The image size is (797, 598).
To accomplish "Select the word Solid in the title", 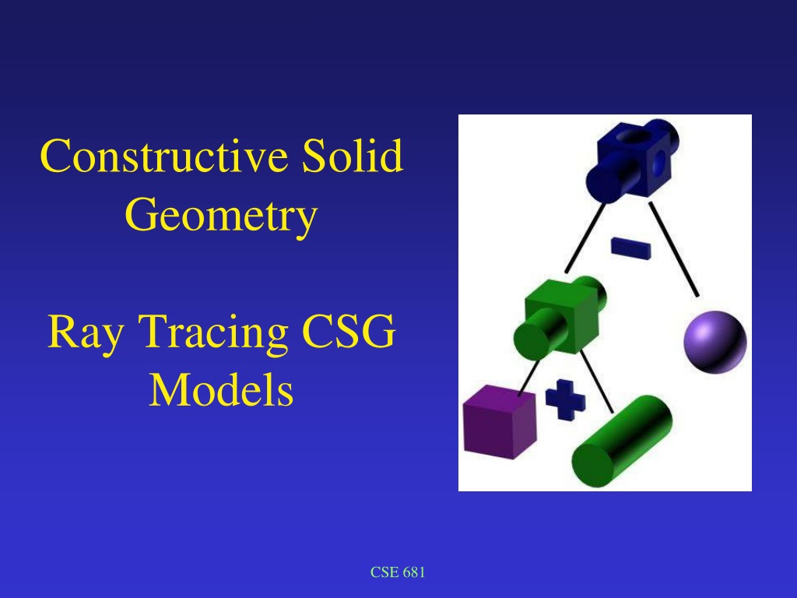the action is [353, 155].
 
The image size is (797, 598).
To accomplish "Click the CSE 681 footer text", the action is [398, 572].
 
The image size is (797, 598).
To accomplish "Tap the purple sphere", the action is [715, 342].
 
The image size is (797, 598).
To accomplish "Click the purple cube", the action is [500, 421].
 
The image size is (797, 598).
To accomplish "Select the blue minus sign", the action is [630, 248].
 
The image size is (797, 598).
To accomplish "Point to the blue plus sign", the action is [565, 399].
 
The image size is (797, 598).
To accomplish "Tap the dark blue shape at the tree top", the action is [632, 160].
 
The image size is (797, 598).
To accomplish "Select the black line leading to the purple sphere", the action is [673, 248].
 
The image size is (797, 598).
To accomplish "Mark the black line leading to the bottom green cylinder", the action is [597, 382].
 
